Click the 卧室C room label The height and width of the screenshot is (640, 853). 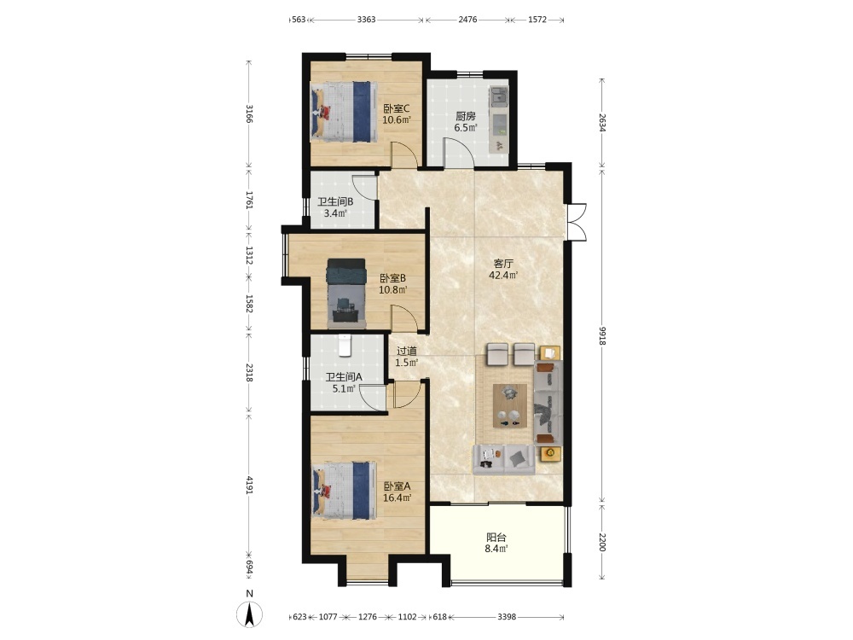click(x=397, y=108)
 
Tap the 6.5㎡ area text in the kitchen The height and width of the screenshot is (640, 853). click(x=466, y=128)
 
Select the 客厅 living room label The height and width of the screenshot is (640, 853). click(x=503, y=264)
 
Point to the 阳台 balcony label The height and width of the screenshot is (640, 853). click(x=496, y=537)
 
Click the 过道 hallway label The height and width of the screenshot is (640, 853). click(x=406, y=351)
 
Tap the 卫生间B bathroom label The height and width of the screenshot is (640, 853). click(x=335, y=201)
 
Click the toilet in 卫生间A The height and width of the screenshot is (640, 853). click(x=345, y=346)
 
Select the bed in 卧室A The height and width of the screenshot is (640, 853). click(x=344, y=491)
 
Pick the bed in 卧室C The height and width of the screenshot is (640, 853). click(x=344, y=112)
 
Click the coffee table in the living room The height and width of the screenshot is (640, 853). click(x=510, y=405)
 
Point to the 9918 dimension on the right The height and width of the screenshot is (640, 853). click(x=602, y=335)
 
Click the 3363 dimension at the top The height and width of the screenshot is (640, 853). click(x=366, y=20)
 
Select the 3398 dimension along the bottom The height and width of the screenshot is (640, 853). click(x=507, y=617)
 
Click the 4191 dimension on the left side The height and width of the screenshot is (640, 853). click(x=249, y=486)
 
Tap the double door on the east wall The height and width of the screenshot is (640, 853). click(x=576, y=222)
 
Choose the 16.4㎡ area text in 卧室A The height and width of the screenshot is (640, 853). click(x=397, y=497)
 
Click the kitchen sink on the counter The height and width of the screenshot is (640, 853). click(x=498, y=97)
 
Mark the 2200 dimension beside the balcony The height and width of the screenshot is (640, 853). click(x=602, y=542)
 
